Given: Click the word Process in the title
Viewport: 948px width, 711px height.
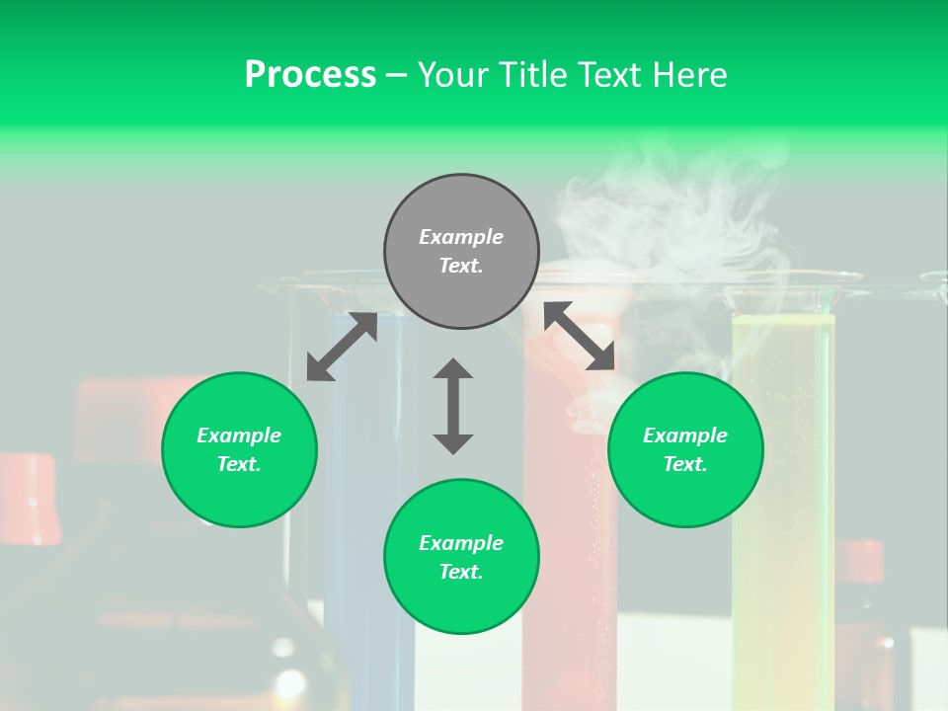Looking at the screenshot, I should click(x=310, y=75).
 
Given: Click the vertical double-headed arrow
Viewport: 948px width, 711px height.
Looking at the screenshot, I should click(x=453, y=406).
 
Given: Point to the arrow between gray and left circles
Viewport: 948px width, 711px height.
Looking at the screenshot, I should click(x=342, y=347).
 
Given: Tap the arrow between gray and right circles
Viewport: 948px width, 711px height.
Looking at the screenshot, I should click(x=579, y=336).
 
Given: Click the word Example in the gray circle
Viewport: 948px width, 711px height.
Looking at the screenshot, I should click(x=461, y=237).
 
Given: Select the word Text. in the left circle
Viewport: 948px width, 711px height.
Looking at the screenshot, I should click(x=239, y=464).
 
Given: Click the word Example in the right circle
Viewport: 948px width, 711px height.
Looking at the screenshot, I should click(x=685, y=435).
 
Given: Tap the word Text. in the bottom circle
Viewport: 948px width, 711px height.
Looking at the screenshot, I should click(x=461, y=572).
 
